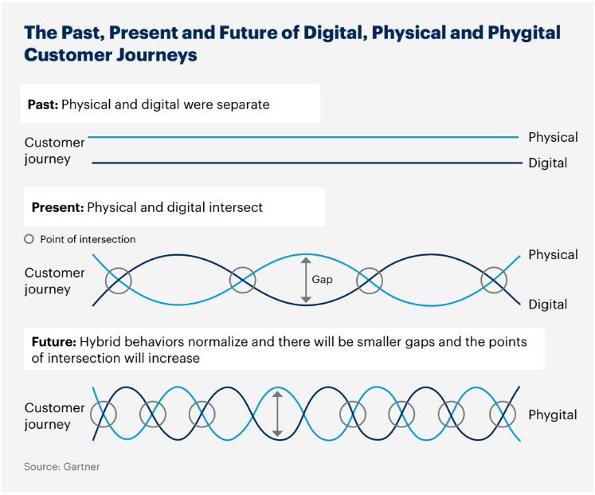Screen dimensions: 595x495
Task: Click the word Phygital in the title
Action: tap(524, 33)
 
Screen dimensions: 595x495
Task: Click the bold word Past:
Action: tap(43, 104)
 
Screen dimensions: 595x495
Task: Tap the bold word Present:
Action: tap(57, 207)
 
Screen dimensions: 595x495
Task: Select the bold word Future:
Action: tap(54, 342)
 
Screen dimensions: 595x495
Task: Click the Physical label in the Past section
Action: tap(553, 137)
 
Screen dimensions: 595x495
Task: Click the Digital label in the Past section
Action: tap(547, 163)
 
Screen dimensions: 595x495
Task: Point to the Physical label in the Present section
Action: tap(553, 255)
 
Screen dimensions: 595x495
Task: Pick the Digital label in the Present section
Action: tap(547, 304)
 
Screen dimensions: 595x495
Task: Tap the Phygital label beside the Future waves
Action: tap(553, 415)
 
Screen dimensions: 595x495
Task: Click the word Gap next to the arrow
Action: tap(322, 280)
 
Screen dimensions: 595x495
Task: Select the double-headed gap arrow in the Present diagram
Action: tap(306, 280)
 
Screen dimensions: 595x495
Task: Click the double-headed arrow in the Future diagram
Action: tap(278, 414)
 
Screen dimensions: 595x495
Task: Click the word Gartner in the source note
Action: tap(81, 466)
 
